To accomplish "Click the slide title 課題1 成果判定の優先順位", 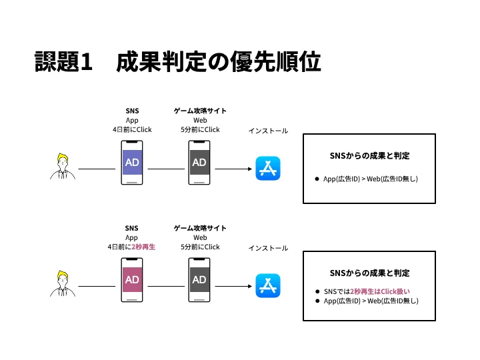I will click(x=178, y=61).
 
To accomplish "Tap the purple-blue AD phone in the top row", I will click(x=132, y=163).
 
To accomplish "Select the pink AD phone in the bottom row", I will click(x=132, y=280).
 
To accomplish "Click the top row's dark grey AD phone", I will click(x=199, y=163).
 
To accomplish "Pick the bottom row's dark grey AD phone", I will click(x=199, y=280).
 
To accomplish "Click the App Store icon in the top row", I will click(x=268, y=169).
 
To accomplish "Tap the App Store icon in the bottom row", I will click(x=268, y=285).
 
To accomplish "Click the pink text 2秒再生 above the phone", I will click(x=143, y=247).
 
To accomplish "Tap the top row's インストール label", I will click(x=268, y=131).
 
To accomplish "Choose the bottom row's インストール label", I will click(x=268, y=248).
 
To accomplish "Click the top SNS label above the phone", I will click(x=132, y=111).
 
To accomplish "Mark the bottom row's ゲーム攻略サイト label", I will click(x=200, y=228).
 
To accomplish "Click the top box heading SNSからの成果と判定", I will click(x=369, y=155).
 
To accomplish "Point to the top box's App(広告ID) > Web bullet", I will click(x=370, y=179).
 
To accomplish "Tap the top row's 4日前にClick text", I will click(x=132, y=129).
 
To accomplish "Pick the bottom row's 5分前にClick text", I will click(x=200, y=247).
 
